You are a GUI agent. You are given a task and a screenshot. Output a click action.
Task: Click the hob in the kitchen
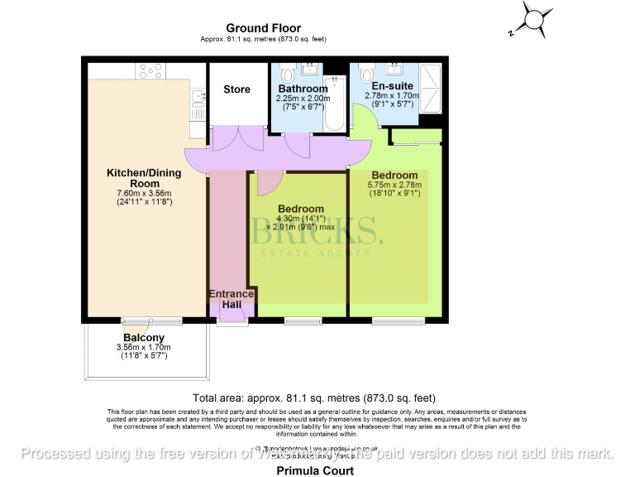[150, 71]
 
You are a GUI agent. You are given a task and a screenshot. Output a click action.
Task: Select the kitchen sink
[197, 103]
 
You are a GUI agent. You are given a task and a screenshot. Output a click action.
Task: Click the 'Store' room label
[236, 89]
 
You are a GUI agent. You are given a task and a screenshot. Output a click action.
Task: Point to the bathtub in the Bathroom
[333, 104]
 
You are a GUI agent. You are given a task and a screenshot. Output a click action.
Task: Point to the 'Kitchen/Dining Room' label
[144, 178]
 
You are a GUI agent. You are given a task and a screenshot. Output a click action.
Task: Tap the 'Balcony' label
[143, 338]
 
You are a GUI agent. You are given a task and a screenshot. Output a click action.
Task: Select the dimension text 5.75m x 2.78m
[394, 185]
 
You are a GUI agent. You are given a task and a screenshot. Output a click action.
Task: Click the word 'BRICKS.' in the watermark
[317, 233]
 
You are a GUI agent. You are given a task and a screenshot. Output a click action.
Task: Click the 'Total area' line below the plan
[313, 397]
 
